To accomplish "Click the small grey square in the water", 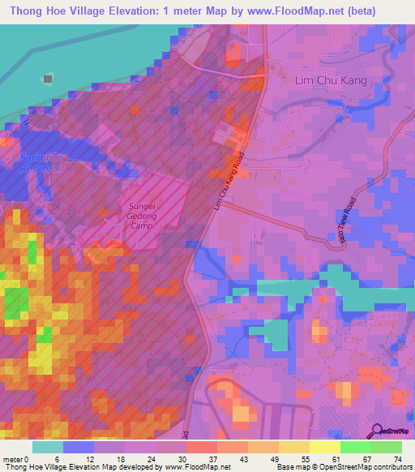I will pyautogui.click(x=48, y=79).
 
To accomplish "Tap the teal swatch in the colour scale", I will pyautogui.click(x=48, y=447).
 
